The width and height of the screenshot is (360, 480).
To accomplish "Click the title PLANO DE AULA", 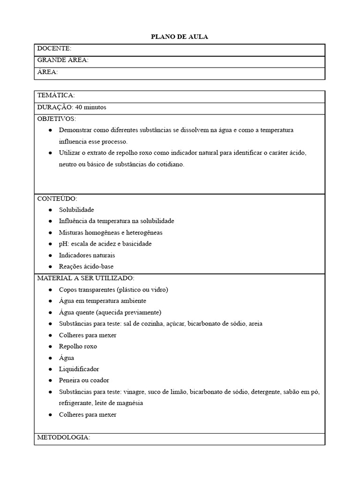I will tap(180, 37).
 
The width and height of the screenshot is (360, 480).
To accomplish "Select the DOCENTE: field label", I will tap(54, 49).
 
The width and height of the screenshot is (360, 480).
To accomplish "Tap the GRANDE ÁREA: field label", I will tap(63, 60).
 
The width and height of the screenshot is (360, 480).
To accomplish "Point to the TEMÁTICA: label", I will tap(56, 96).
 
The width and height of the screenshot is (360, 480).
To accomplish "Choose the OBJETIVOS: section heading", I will tap(56, 119).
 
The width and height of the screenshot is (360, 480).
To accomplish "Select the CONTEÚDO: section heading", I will tap(57, 198).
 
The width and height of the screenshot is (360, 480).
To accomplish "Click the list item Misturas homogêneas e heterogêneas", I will tap(111, 232).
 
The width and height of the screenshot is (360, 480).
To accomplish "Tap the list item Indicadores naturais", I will tap(87, 255).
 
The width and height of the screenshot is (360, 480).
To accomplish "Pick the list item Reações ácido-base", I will tap(86, 267).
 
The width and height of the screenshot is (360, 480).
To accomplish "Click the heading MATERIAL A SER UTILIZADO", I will tap(85, 278).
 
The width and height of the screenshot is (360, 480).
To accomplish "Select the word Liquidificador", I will tap(79, 369).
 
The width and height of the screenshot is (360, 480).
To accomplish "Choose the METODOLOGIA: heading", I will tap(63, 437).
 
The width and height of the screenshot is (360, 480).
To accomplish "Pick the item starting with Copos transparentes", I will tap(113, 290).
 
